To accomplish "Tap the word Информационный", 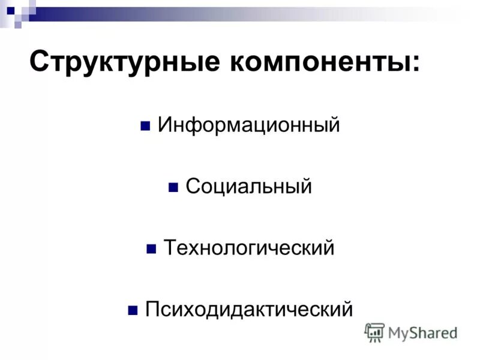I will [248, 125].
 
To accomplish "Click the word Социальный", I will [248, 187].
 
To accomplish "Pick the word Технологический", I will [248, 248].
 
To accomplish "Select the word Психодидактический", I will [248, 309].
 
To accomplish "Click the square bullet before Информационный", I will [145, 127].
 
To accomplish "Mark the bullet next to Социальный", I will [173, 188].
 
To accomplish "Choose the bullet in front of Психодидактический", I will [133, 311].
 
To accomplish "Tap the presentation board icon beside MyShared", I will [374, 332].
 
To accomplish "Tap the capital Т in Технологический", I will [170, 247].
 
